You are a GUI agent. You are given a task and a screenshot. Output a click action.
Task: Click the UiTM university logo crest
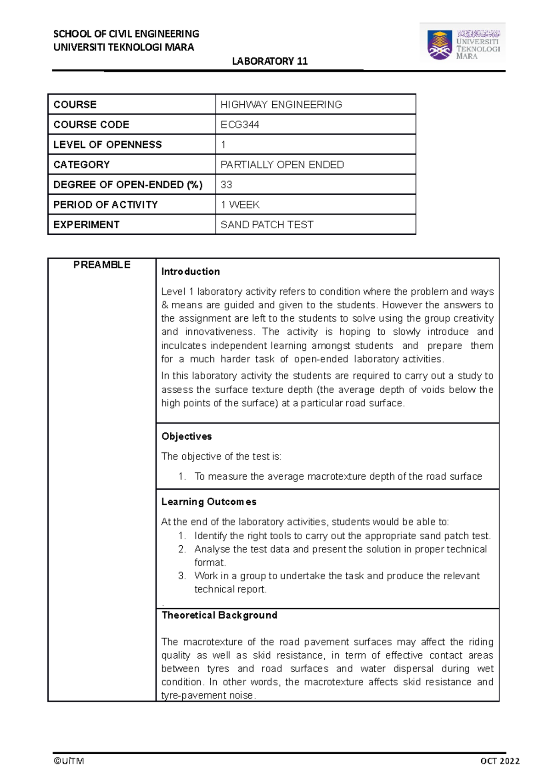tap(439, 45)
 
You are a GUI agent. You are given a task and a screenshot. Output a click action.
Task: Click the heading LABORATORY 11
tap(270, 61)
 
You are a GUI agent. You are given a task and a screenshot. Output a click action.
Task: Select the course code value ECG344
tap(240, 124)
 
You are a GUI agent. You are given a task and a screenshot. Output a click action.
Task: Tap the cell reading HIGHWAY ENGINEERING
tap(281, 105)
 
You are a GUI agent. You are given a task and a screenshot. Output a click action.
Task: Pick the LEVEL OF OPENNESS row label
tap(107, 145)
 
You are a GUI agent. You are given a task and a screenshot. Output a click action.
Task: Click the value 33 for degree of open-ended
tap(226, 185)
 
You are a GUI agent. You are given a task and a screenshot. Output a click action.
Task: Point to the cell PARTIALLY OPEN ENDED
tap(282, 164)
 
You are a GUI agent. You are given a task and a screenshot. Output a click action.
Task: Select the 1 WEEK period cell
tap(240, 204)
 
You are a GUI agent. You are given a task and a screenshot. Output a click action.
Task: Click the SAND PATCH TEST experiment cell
tap(267, 225)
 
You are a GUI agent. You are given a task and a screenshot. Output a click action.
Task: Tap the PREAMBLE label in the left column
tap(101, 265)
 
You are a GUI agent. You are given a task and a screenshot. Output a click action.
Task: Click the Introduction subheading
tap(190, 271)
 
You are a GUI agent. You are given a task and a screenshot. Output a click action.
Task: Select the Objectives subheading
tap(186, 436)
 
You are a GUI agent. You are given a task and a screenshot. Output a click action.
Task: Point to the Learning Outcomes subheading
tap(208, 502)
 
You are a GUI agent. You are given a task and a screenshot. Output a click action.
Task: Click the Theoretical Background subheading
tap(219, 615)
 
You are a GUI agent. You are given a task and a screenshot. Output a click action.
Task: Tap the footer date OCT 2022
tap(500, 761)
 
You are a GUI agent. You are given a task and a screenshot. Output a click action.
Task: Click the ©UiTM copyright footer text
tap(68, 761)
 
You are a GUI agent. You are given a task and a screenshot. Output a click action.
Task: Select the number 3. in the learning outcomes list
tap(182, 576)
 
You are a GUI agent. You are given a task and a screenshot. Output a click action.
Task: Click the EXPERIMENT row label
tap(86, 225)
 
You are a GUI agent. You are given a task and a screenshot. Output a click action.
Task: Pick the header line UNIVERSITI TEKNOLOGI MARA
tap(124, 47)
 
